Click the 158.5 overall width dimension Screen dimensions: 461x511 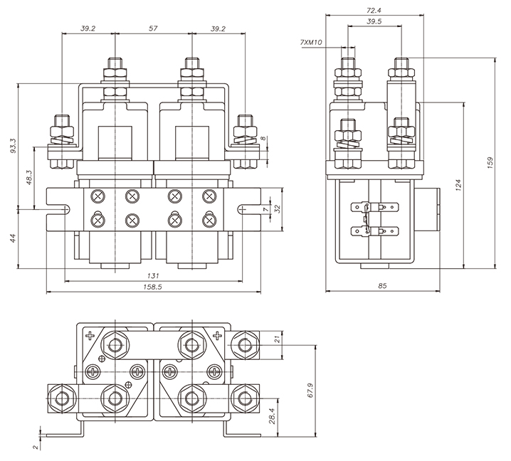coord(153,287)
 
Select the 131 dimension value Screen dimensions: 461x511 coord(152,276)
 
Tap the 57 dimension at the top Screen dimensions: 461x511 coord(153,28)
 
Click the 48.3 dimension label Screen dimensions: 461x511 coord(29,180)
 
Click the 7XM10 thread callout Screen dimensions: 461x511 coord(312,43)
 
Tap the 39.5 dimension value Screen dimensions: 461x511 coord(374,22)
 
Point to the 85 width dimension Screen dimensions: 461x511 coord(383,287)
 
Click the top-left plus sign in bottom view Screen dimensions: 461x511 coord(90,335)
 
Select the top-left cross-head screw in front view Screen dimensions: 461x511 coord(97,196)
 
